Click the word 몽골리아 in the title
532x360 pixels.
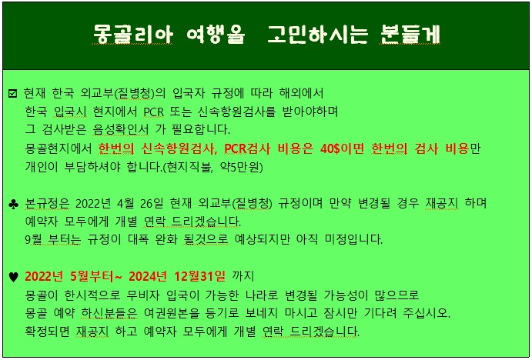click(133, 35)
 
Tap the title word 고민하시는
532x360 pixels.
click(317, 35)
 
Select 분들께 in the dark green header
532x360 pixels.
click(410, 35)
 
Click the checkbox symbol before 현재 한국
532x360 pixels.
click(12, 93)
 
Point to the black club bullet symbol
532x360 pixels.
click(13, 205)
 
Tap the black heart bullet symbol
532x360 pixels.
click(13, 277)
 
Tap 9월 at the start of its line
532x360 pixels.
click(34, 240)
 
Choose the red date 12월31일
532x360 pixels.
click(200, 277)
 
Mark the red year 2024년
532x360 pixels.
click(148, 277)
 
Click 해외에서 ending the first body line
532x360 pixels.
click(301, 94)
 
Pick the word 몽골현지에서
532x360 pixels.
click(59, 149)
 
